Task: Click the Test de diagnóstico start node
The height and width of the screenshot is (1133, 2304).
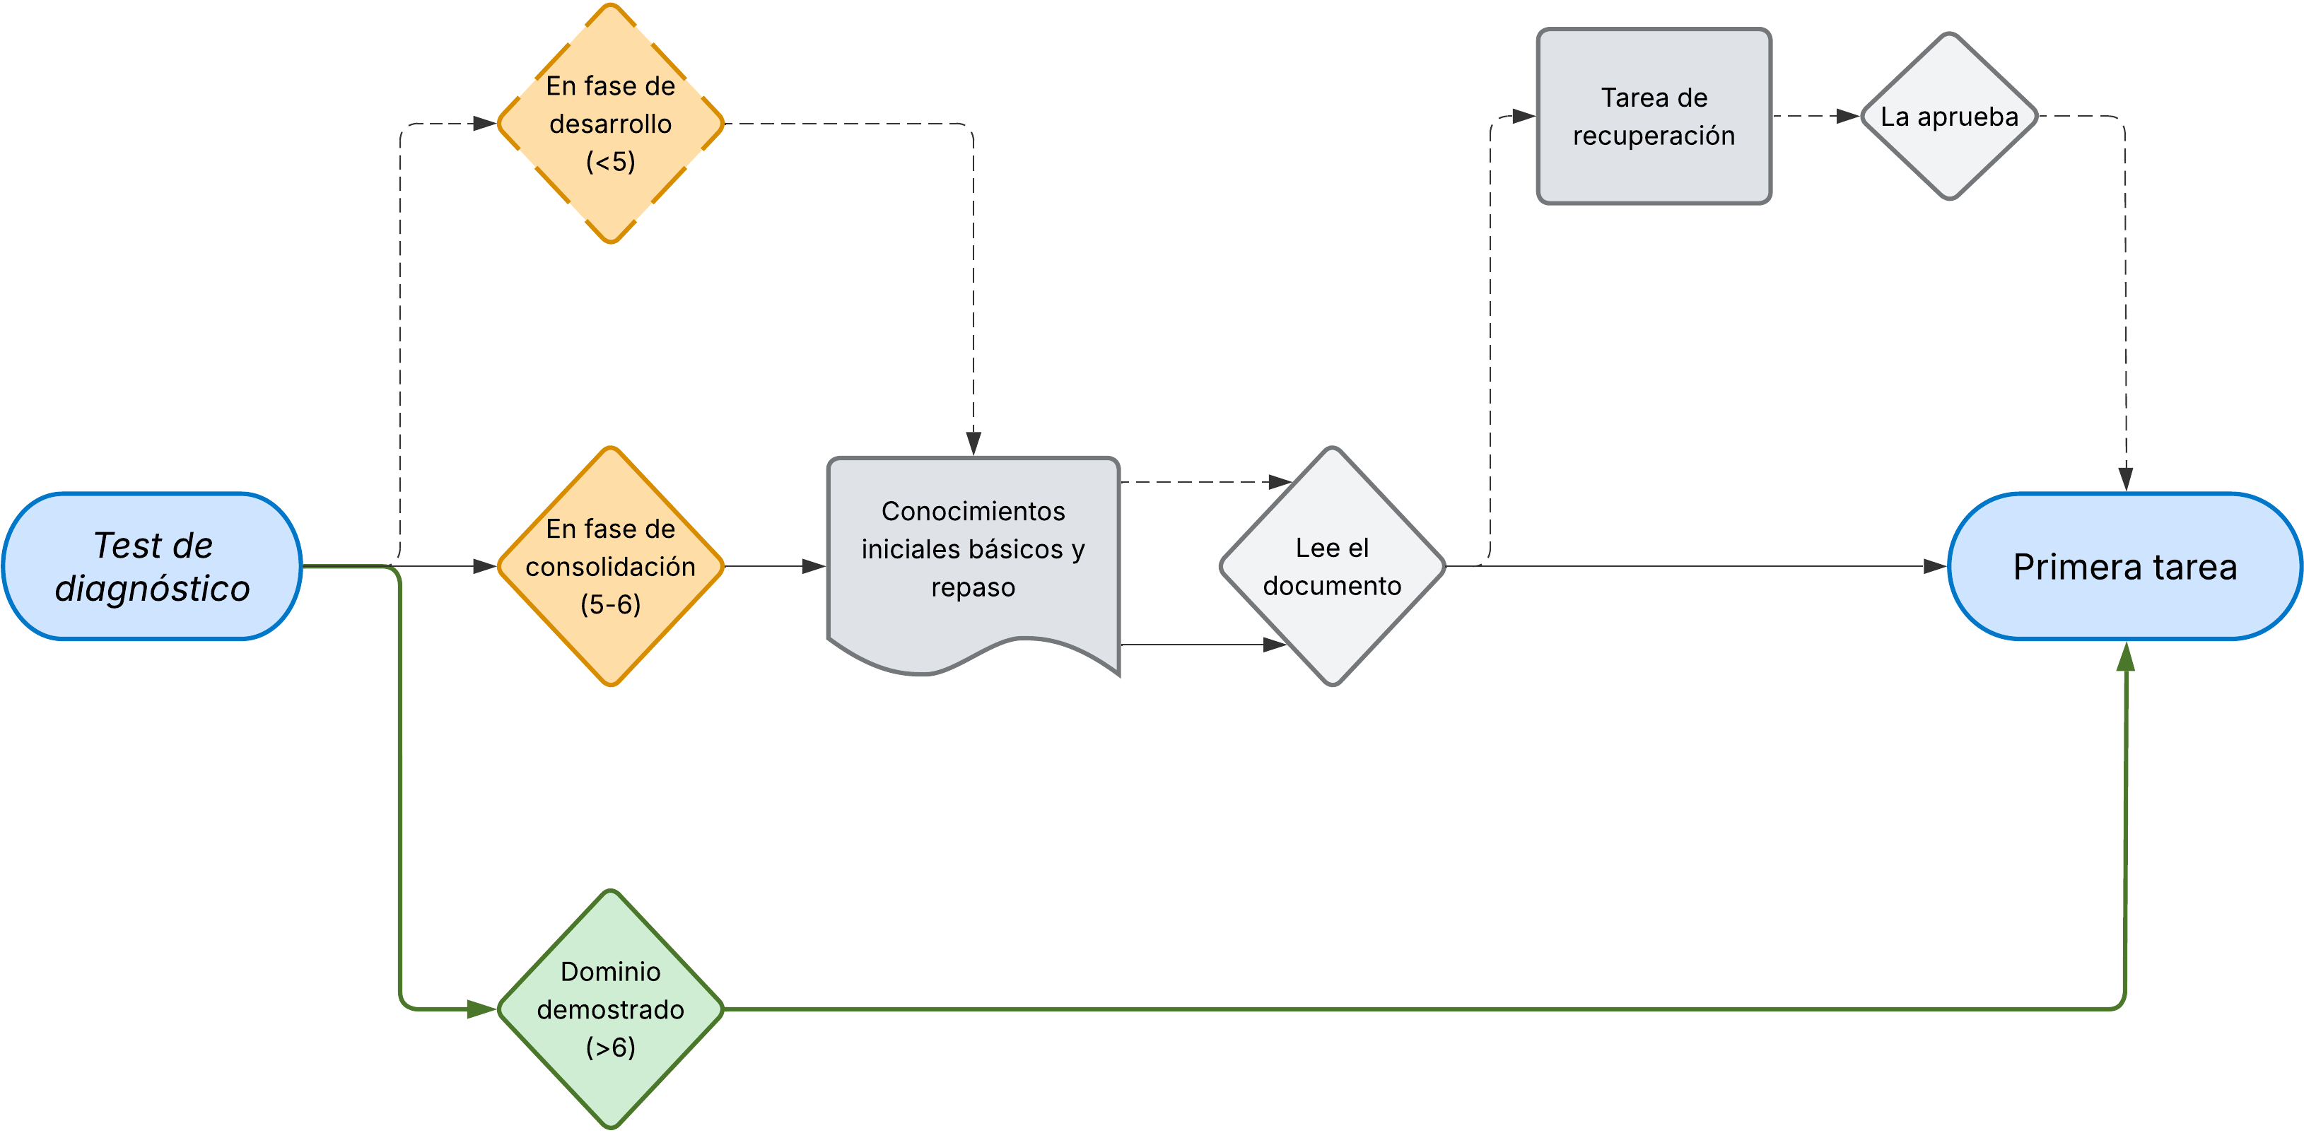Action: point(152,566)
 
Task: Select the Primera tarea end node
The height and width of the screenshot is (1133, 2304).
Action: point(2124,566)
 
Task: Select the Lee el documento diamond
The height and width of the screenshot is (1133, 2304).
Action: point(1332,566)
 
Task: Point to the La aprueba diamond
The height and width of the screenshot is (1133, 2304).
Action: point(1949,116)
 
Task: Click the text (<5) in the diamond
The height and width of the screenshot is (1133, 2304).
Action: point(610,162)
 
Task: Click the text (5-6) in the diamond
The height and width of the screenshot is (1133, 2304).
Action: point(610,604)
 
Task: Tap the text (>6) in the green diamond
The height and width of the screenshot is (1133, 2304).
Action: point(610,1047)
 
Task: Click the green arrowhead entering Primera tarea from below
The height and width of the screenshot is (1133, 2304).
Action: point(2125,658)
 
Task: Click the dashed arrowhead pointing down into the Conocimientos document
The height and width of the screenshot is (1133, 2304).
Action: point(973,442)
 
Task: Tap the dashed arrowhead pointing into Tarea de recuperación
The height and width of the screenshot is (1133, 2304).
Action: point(1522,116)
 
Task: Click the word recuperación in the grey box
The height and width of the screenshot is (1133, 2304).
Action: point(1653,136)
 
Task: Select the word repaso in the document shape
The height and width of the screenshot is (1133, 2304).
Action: point(973,587)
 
